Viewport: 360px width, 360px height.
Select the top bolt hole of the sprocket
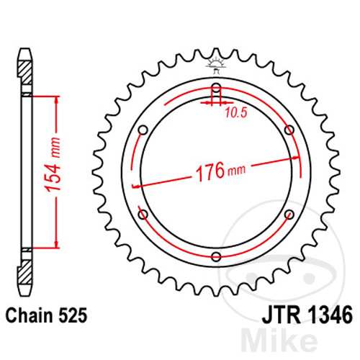tap(216, 89)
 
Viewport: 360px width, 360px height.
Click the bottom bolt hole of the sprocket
tap(216, 256)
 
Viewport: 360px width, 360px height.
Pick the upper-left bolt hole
tap(143, 130)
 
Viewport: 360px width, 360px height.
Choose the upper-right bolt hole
tap(289, 130)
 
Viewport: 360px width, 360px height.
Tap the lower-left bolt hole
tap(143, 215)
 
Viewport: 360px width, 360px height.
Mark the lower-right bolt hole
tap(289, 215)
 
